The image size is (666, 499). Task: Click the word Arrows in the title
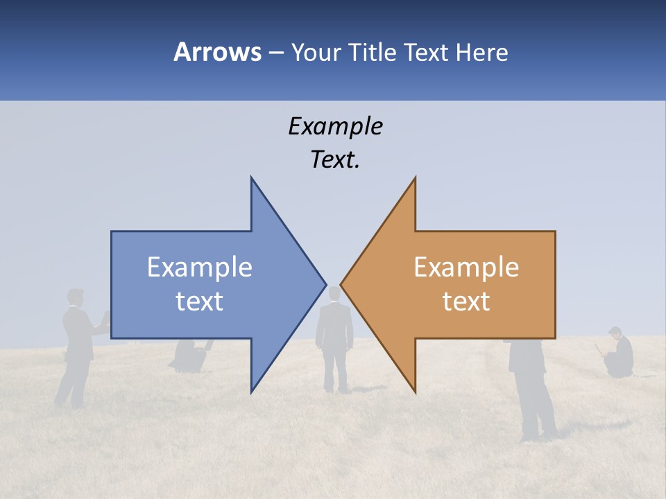(x=217, y=52)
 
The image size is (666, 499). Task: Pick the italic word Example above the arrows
(x=335, y=126)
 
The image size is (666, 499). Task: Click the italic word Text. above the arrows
(x=335, y=159)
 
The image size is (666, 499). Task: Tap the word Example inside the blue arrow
(x=200, y=268)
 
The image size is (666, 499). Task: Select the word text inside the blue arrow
(x=200, y=301)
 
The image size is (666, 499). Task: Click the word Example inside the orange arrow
(x=466, y=268)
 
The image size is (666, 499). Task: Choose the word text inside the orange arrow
(x=466, y=301)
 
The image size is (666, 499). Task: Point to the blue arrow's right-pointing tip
(x=325, y=284)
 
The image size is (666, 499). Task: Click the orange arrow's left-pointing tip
(x=342, y=284)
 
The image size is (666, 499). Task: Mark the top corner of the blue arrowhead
(x=252, y=179)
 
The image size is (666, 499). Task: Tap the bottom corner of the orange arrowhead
(x=415, y=391)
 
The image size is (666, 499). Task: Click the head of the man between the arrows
(x=334, y=294)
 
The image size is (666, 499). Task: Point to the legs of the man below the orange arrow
(x=537, y=409)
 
